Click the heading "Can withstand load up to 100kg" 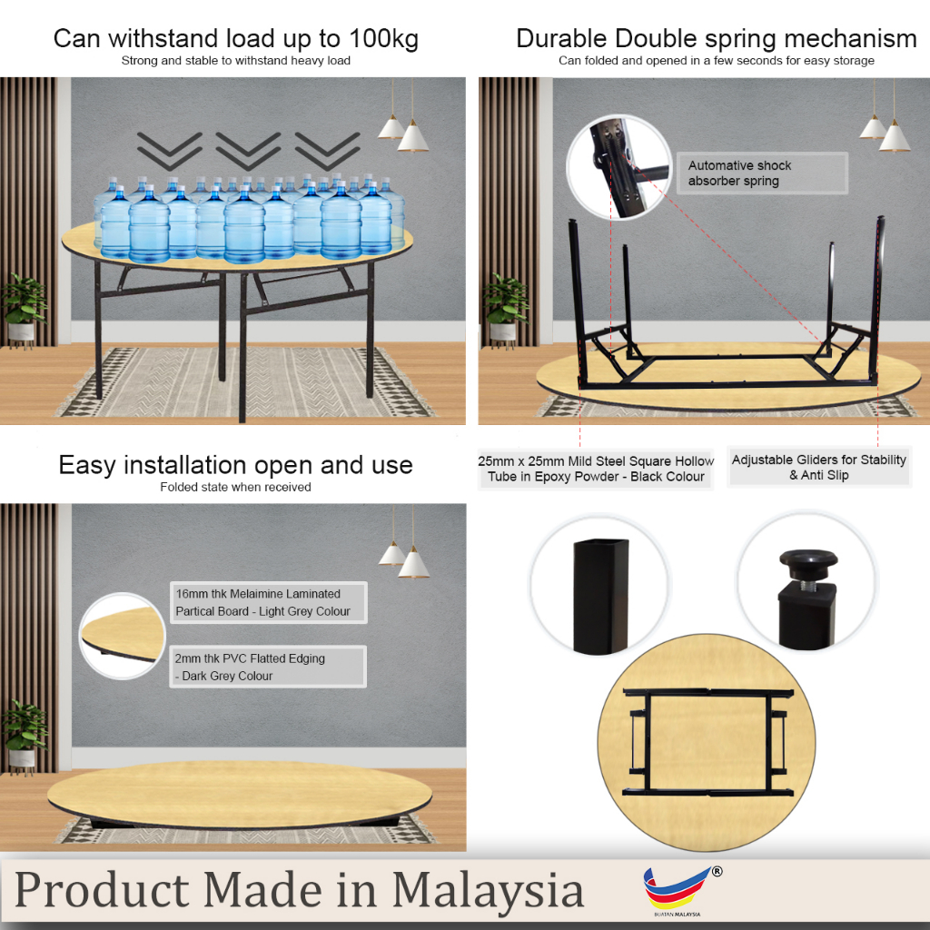pyautogui.click(x=236, y=38)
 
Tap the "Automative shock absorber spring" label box pyautogui.click(x=762, y=173)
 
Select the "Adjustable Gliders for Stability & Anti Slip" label pyautogui.click(x=818, y=468)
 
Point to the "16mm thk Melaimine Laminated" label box pyautogui.click(x=269, y=603)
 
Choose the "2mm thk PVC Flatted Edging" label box pyautogui.click(x=268, y=667)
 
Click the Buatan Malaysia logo pyautogui.click(x=681, y=891)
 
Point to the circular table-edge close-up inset pyautogui.click(x=123, y=636)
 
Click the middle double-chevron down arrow pyautogui.click(x=248, y=152)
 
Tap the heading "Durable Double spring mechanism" pyautogui.click(x=717, y=38)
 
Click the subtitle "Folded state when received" pyautogui.click(x=235, y=487)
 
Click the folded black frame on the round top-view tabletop pyautogui.click(x=707, y=742)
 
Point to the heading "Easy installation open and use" pyautogui.click(x=235, y=465)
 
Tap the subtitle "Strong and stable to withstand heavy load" pyautogui.click(x=236, y=61)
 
